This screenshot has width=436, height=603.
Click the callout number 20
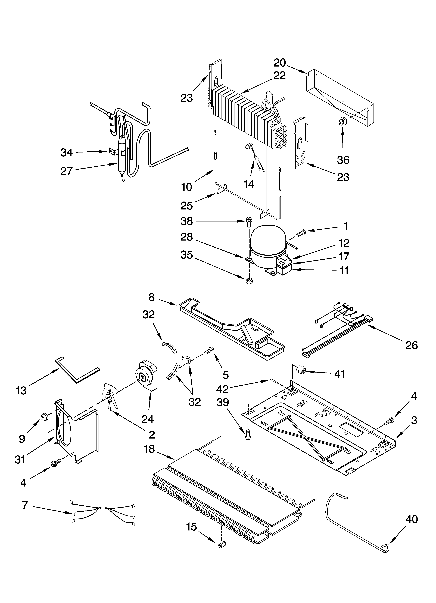click(x=280, y=63)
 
